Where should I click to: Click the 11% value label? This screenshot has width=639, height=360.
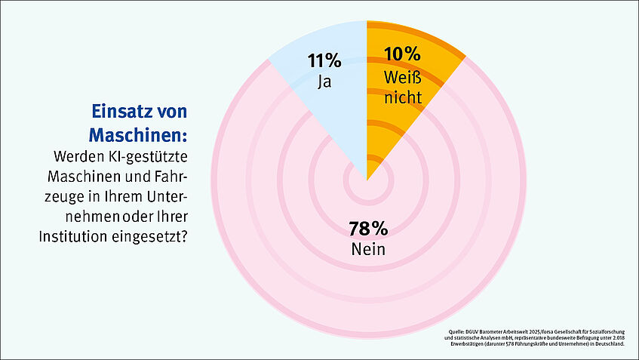324,60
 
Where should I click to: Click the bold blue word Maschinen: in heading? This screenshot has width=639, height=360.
138,136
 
